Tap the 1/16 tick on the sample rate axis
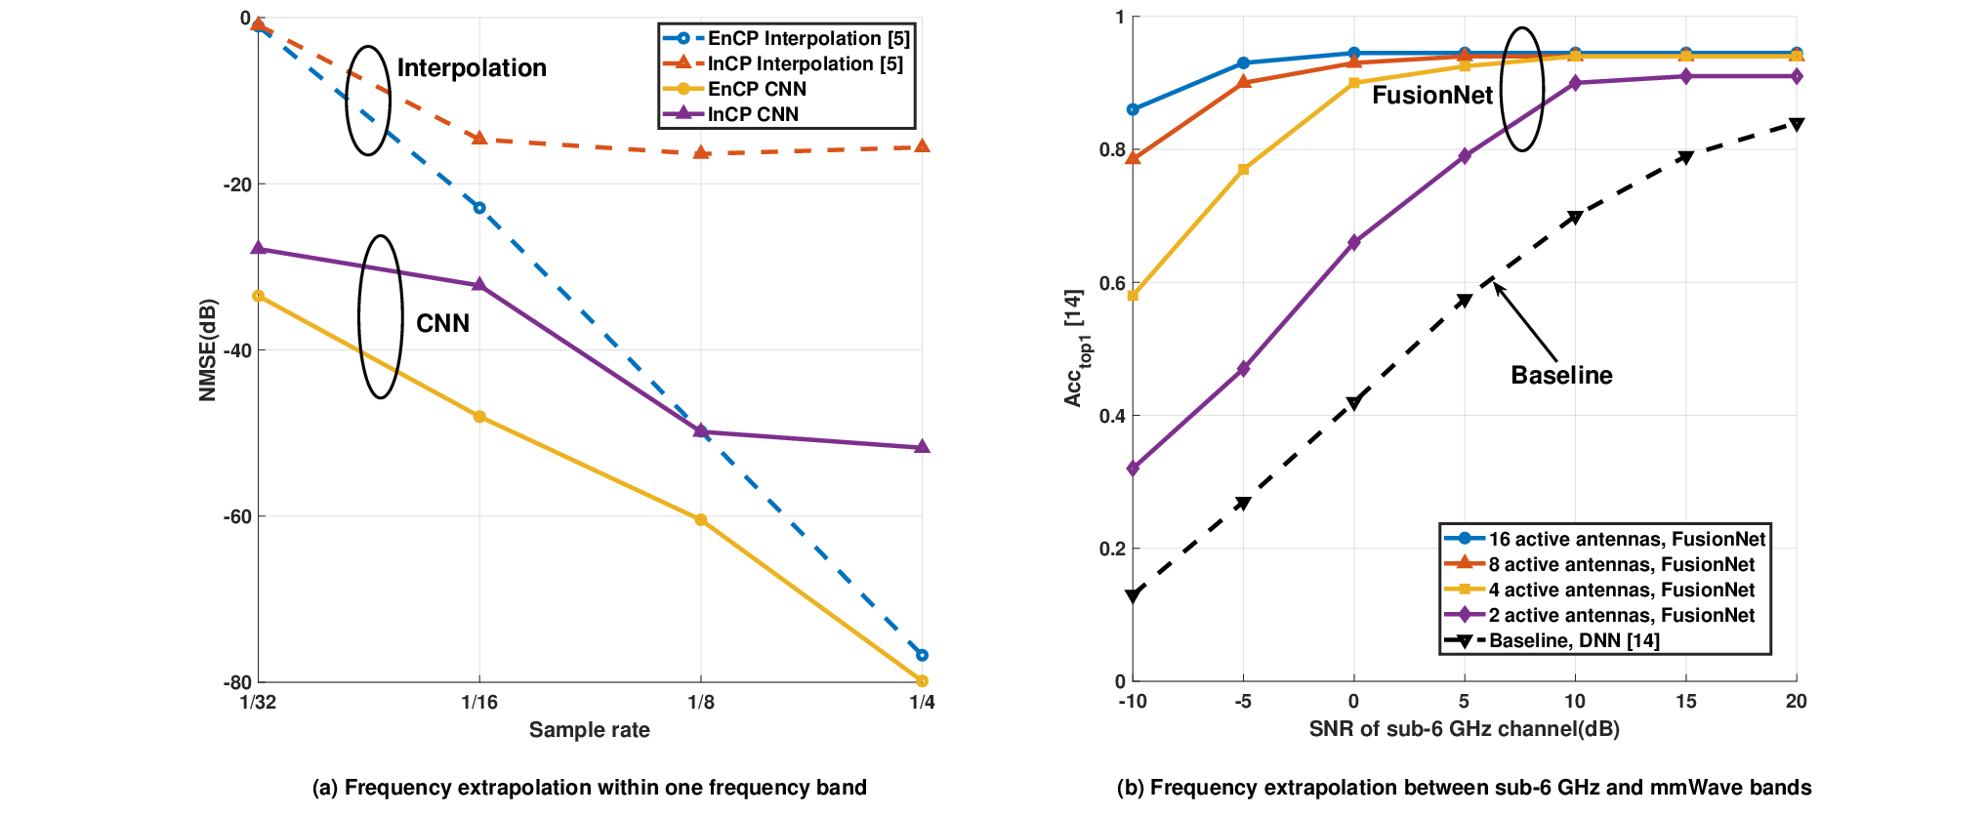pos(479,702)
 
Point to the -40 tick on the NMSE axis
pos(236,350)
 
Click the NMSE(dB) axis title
pos(207,349)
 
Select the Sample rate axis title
pos(589,730)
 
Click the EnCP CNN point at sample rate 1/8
pos(701,520)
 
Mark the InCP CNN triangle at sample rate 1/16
pos(479,285)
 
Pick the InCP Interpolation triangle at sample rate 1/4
pos(923,146)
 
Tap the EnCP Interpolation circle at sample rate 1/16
pos(479,208)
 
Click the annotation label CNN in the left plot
pos(443,323)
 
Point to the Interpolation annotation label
pos(472,67)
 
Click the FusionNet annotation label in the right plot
pos(1432,95)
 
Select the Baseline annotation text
pos(1561,375)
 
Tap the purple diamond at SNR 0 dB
pos(1353,242)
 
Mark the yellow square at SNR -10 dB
pos(1133,296)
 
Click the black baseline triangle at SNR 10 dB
pos(1575,218)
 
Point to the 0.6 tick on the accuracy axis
pos(1112,283)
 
